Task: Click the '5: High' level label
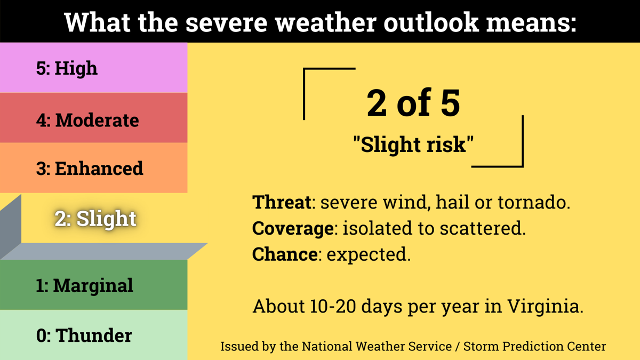67,69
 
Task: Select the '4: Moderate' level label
87,119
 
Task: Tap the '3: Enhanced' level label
90,168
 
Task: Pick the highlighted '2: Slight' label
95,219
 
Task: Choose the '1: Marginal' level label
85,285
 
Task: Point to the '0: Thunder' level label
84,335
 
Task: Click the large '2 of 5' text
413,103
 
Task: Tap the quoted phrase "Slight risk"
413,145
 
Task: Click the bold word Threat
282,202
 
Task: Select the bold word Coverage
293,229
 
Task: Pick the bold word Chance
285,254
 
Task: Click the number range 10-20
333,306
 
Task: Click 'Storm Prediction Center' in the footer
534,346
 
